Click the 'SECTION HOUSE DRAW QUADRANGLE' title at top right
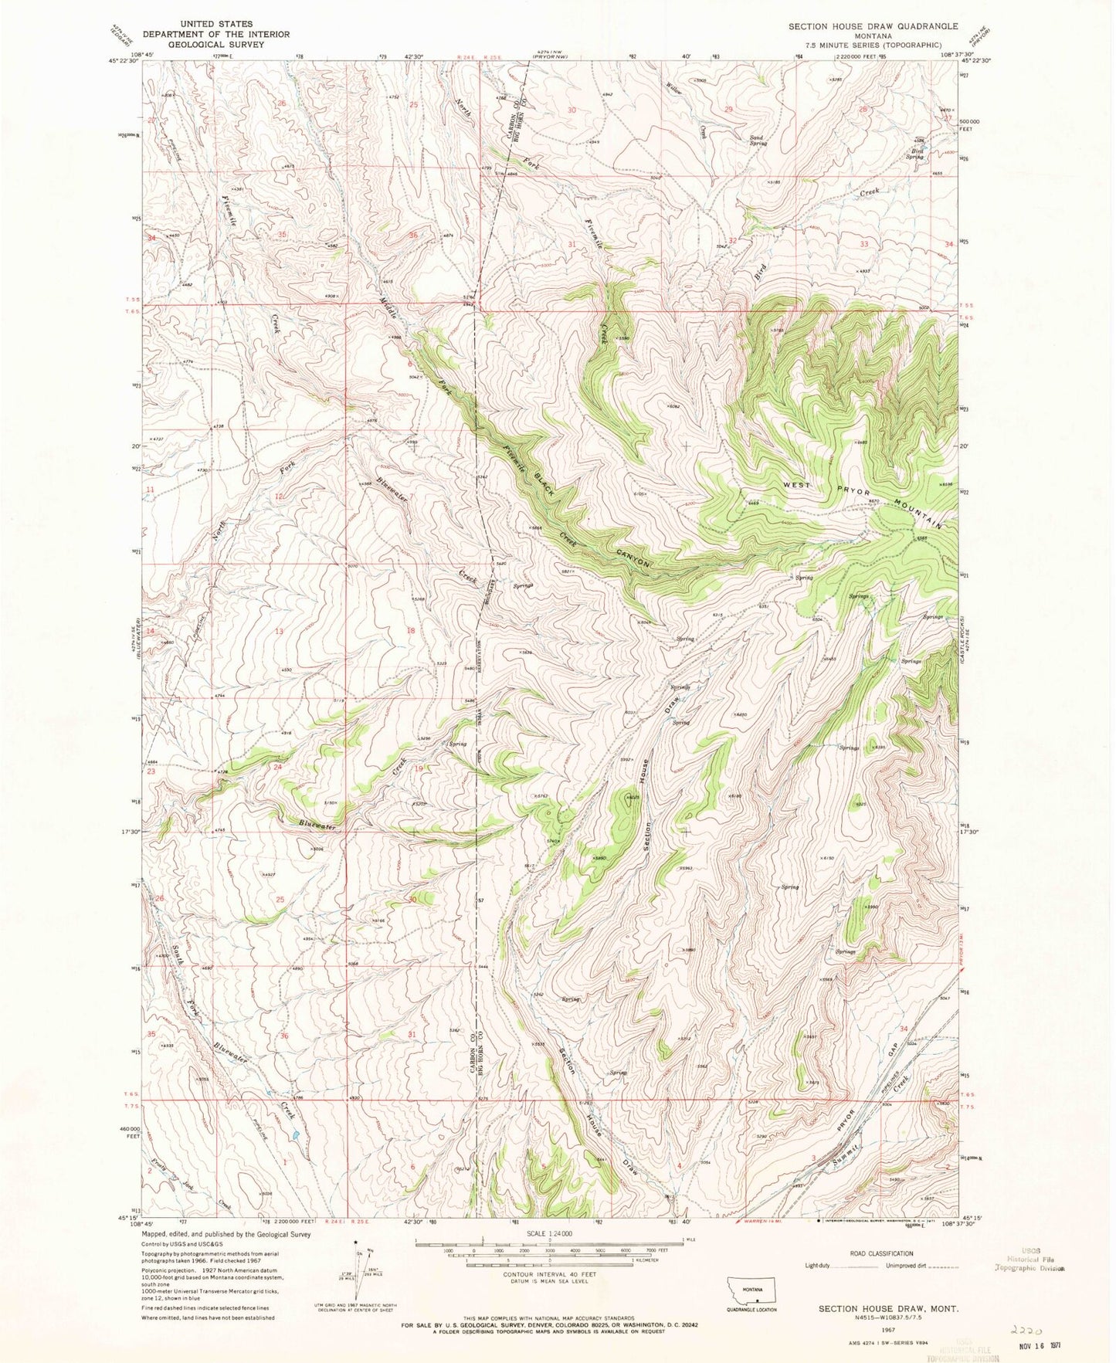(x=873, y=26)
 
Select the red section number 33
(x=864, y=244)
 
